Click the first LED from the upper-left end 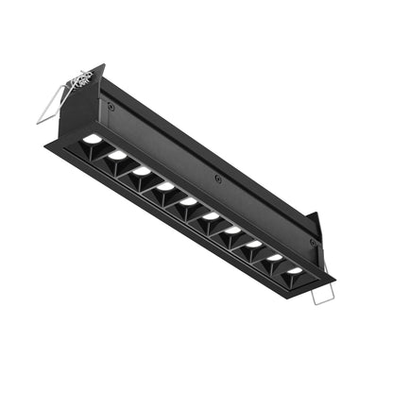[x=93, y=139]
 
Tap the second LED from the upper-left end [x=117, y=154]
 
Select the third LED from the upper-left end [x=142, y=171]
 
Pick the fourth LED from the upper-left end [x=165, y=186]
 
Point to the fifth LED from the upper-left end [x=188, y=201]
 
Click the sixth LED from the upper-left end [x=211, y=216]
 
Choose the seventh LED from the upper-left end [x=232, y=231]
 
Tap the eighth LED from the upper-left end [x=254, y=245]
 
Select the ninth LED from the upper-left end [x=275, y=258]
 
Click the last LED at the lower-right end [x=295, y=271]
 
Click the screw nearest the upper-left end [x=111, y=107]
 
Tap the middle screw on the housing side [x=218, y=178]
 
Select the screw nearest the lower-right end [x=313, y=242]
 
